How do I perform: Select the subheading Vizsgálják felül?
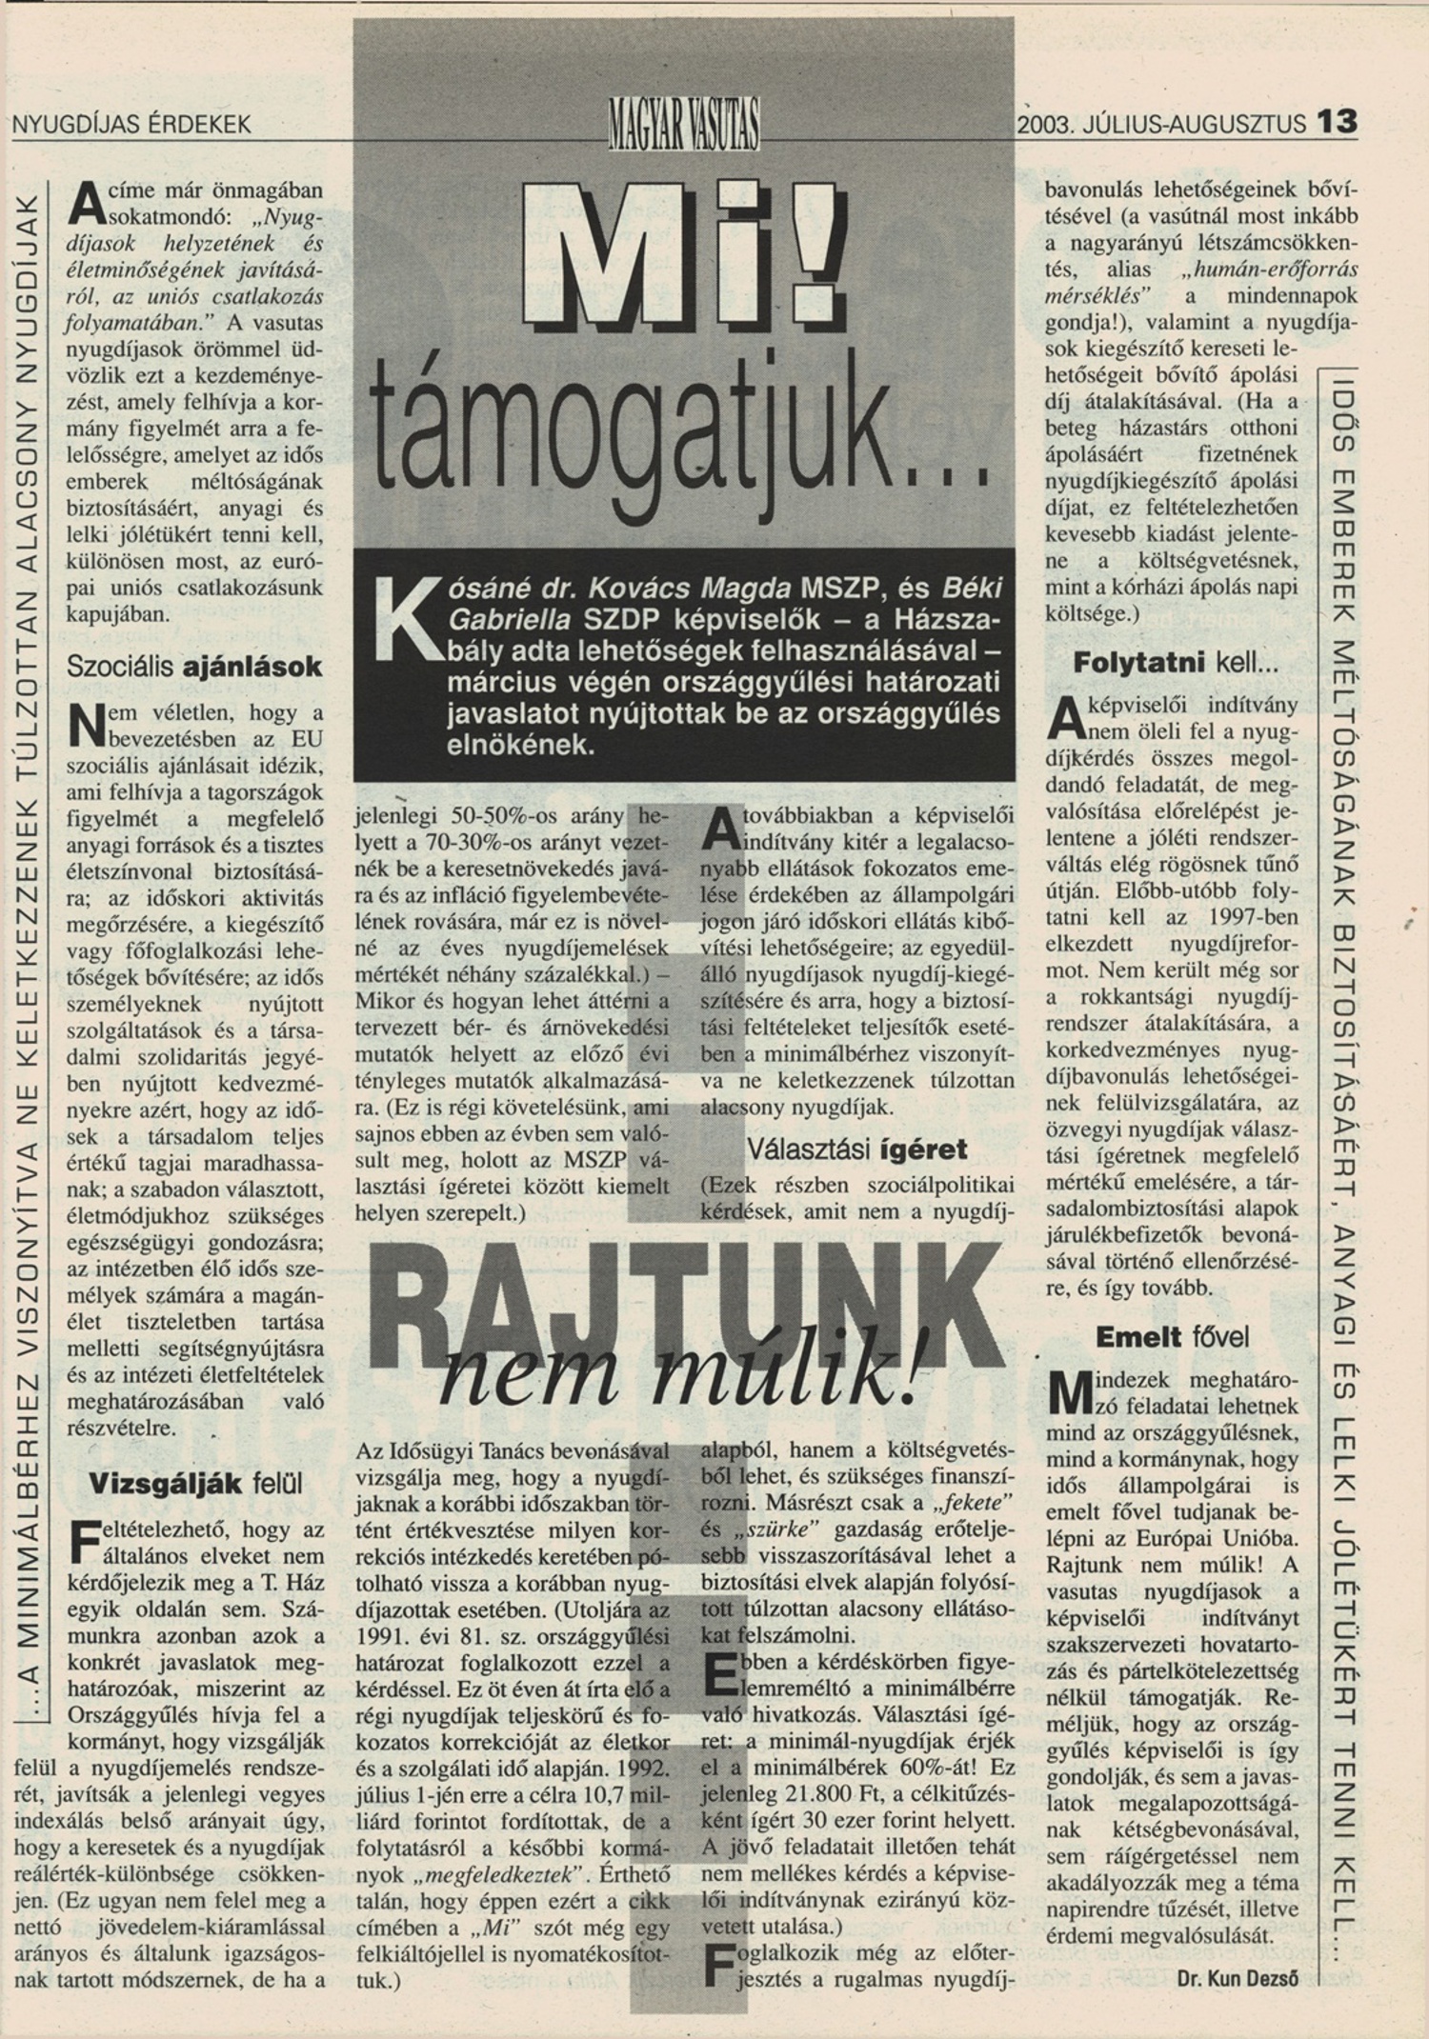195,1483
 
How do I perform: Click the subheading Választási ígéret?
856,1149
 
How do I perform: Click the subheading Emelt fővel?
1171,1336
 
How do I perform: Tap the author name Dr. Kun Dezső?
1238,1977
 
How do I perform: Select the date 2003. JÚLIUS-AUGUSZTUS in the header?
1160,124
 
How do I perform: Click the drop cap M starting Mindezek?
1065,1392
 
